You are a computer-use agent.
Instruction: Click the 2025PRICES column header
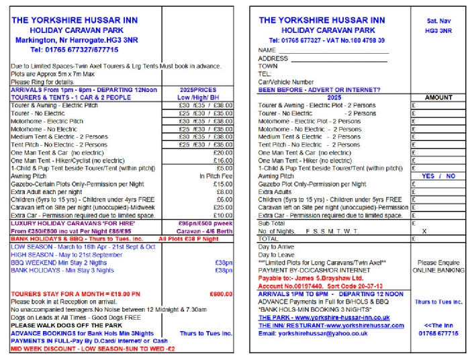(198, 89)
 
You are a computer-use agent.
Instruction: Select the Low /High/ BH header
(198, 97)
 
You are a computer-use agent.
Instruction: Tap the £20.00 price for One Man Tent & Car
(222, 152)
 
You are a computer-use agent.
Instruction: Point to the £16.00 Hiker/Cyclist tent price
(222, 161)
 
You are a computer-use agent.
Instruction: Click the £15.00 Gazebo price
(222, 184)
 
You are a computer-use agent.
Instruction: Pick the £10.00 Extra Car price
(222, 216)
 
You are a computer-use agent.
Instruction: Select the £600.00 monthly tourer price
(221, 294)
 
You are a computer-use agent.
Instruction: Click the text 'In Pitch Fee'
(216, 176)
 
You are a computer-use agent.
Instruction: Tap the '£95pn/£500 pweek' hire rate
(205, 223)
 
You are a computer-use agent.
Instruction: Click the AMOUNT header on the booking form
(438, 97)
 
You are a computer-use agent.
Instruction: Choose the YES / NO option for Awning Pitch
(438, 176)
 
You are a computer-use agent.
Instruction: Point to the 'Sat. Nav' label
(438, 21)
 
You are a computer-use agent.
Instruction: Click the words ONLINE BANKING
(438, 271)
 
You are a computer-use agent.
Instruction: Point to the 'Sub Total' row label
(272, 223)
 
